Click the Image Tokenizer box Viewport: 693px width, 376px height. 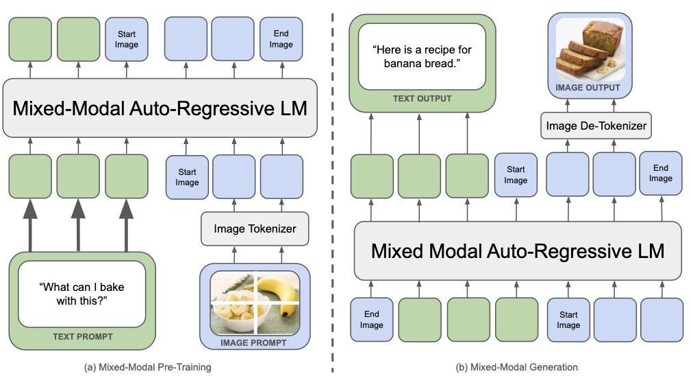pyautogui.click(x=255, y=229)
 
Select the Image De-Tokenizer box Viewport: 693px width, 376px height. pyautogui.click(x=596, y=126)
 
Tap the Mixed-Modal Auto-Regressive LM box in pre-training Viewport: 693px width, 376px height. pyautogui.click(x=160, y=108)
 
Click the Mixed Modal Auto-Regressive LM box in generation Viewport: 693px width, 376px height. pyautogui.click(x=518, y=250)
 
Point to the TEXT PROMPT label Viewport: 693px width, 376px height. pyautogui.click(x=83, y=337)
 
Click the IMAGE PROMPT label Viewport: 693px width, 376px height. pyautogui.click(x=253, y=343)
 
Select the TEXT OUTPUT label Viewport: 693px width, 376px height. pyautogui.click(x=422, y=99)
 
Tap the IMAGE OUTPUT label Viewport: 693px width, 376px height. pyautogui.click(x=588, y=88)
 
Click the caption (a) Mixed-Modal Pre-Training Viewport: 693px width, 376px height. pyautogui.click(x=148, y=367)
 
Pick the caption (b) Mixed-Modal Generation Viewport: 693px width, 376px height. pyautogui.click(x=516, y=367)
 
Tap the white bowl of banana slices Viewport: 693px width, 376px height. pyautogui.click(x=236, y=310)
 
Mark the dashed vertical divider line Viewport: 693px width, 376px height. pyautogui.click(x=333, y=193)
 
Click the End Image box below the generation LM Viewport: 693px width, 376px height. pyautogui.click(x=371, y=319)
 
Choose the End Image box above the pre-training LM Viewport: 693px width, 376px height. pyautogui.click(x=281, y=39)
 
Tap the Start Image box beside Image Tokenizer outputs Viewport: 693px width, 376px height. pyautogui.click(x=187, y=177)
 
